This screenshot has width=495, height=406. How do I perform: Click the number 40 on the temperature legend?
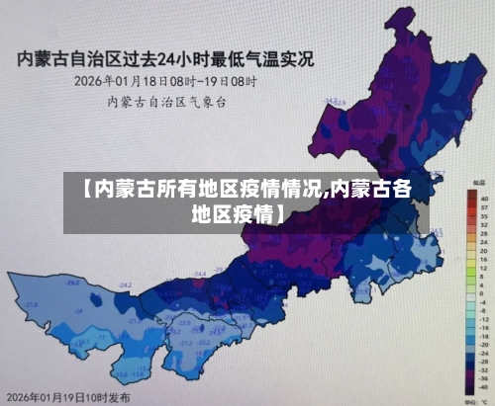pos(484,200)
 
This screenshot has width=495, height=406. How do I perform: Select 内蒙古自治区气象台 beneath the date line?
pos(166,100)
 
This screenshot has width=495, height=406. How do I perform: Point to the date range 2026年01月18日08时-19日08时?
pos(165,80)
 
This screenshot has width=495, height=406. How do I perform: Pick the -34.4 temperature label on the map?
pos(200,273)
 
